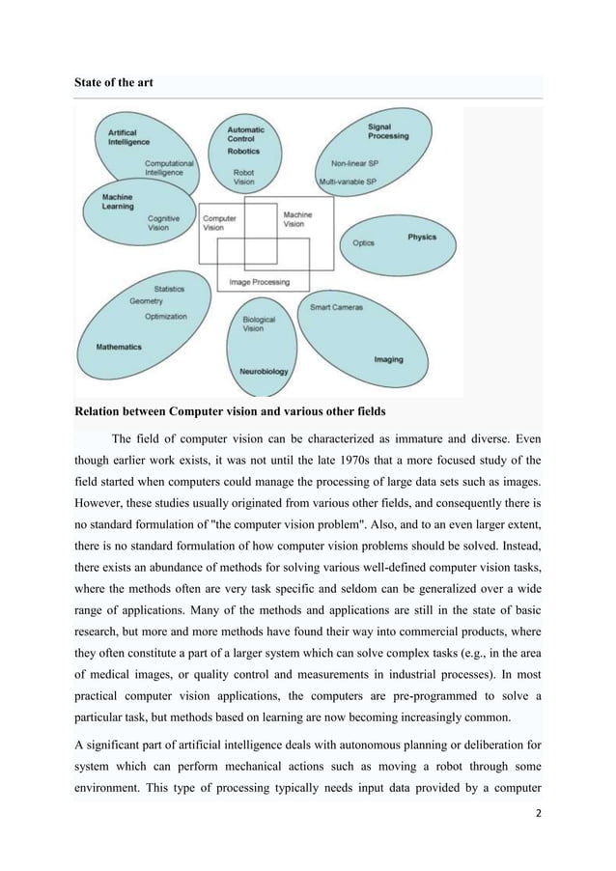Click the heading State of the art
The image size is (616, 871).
(x=113, y=84)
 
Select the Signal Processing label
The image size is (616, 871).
(x=388, y=130)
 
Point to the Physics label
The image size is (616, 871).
(x=421, y=238)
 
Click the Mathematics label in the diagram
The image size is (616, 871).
(x=119, y=346)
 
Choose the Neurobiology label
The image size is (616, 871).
(x=263, y=371)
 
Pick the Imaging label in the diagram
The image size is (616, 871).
(x=388, y=360)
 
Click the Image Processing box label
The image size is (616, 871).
(x=259, y=283)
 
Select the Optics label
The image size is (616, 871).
(x=364, y=243)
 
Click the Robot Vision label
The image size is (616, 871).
(x=244, y=178)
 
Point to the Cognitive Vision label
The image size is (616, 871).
(x=163, y=223)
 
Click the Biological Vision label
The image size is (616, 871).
(x=259, y=323)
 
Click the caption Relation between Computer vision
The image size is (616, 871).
(x=230, y=411)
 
